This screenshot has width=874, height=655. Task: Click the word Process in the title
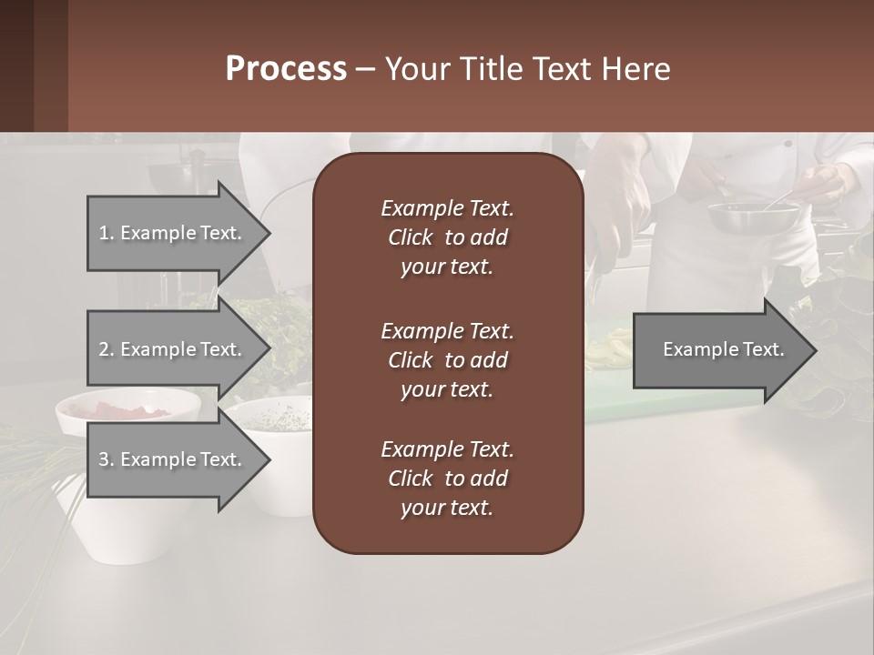285,69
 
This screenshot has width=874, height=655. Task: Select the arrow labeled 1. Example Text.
173,233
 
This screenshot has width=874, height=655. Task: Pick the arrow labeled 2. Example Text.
173,349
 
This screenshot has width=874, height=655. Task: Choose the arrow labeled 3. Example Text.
173,459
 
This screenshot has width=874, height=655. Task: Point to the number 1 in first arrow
104,233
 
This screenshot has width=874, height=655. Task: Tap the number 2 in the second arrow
104,349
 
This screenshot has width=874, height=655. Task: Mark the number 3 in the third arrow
104,459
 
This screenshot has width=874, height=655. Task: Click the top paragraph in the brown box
447,237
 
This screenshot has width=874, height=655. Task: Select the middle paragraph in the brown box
447,359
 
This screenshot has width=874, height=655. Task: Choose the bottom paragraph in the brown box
447,479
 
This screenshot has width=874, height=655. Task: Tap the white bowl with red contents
127,409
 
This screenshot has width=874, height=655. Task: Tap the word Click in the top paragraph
410,237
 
